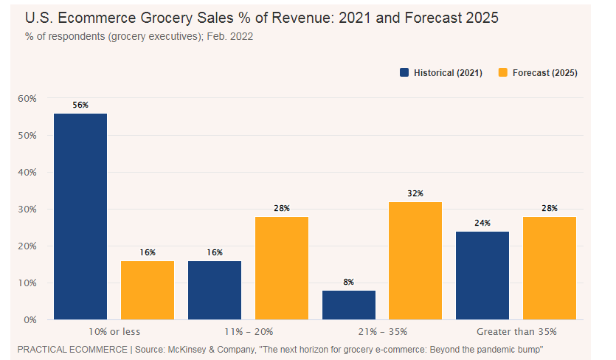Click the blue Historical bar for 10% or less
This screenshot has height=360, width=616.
80,216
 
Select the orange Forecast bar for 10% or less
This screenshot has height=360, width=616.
148,290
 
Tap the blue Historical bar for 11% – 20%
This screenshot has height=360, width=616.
215,290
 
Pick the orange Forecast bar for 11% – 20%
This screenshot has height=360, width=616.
282,268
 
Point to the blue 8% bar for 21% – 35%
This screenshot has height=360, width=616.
349,305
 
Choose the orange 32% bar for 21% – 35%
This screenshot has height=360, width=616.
415,260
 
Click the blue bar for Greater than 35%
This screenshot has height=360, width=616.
482,275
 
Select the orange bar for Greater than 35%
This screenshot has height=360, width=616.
550,268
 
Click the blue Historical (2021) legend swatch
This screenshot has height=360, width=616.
404,73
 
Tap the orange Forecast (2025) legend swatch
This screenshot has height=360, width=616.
504,73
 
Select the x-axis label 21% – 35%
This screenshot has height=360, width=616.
382,331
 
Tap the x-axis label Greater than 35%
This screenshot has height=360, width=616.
516,331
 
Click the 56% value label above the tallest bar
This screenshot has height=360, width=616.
80,105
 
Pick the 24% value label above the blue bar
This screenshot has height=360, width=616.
482,223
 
